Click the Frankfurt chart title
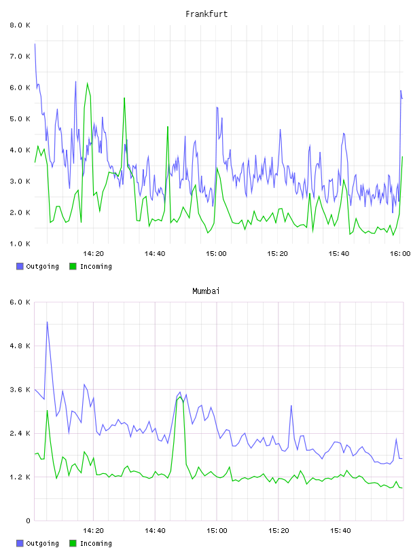tap(206, 14)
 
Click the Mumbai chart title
tap(206, 291)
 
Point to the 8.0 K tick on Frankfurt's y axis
tap(20, 25)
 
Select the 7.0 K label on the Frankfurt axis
tap(20, 56)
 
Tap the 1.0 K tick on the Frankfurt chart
tap(20, 244)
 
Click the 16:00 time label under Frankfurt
tap(400, 253)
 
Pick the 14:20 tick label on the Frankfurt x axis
tap(93, 253)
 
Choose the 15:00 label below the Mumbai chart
tap(217, 530)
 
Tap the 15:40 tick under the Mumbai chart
tap(340, 530)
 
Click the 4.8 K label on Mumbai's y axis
tap(20, 346)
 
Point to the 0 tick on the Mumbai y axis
tap(28, 521)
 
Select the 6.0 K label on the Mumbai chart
tap(20, 302)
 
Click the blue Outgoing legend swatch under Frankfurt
tap(20, 266)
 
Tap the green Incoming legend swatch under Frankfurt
tap(73, 266)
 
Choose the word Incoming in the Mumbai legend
tap(96, 543)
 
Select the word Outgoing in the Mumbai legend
tap(42, 543)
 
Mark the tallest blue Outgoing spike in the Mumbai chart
tap(47, 322)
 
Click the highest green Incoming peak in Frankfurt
tap(88, 84)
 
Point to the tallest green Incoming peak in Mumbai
tap(180, 397)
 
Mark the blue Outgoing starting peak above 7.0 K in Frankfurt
tap(35, 44)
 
